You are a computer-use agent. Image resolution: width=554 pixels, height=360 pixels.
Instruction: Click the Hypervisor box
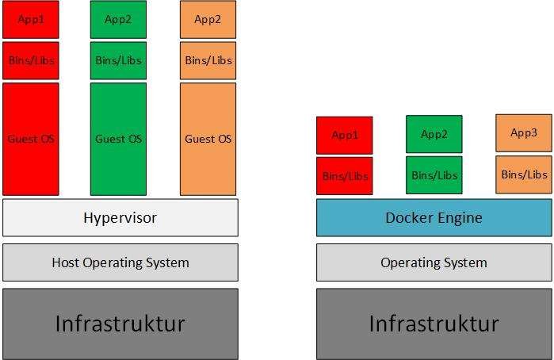(x=120, y=217)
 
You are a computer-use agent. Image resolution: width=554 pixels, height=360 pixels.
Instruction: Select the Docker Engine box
(x=434, y=217)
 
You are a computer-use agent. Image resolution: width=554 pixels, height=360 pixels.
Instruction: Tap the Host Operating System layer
(x=120, y=262)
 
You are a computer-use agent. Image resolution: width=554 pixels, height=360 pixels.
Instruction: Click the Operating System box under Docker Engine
(x=434, y=262)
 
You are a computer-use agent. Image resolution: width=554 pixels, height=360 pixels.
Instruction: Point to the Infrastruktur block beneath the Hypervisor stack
(x=120, y=324)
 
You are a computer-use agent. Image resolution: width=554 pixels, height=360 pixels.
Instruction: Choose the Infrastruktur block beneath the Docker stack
(x=434, y=324)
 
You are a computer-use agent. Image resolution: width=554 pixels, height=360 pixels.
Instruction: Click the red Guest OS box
(x=31, y=139)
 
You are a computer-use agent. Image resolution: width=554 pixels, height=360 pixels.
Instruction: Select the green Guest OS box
(x=118, y=139)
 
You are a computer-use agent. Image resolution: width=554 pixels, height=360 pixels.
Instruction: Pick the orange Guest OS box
(x=208, y=139)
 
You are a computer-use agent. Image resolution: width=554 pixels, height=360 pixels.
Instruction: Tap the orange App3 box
(x=524, y=133)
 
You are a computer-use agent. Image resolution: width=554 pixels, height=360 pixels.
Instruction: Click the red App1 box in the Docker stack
(x=345, y=135)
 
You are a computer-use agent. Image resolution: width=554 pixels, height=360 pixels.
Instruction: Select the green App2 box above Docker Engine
(x=434, y=134)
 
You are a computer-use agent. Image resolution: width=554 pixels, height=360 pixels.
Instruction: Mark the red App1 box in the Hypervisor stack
(x=31, y=19)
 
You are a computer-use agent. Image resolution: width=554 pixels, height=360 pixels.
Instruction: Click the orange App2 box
(x=208, y=19)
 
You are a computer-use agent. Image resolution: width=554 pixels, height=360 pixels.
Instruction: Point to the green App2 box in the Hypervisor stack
(x=118, y=19)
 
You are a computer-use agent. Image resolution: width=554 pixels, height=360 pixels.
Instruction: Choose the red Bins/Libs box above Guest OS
(x=31, y=60)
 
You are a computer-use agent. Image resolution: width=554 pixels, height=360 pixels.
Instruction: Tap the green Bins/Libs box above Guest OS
(x=118, y=60)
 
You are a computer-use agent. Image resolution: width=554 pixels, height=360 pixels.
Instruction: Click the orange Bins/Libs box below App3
(x=524, y=174)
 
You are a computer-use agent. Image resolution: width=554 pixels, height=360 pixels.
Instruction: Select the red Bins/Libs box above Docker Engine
(x=345, y=175)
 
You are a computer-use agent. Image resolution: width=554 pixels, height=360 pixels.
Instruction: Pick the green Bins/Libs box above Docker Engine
(x=434, y=175)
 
